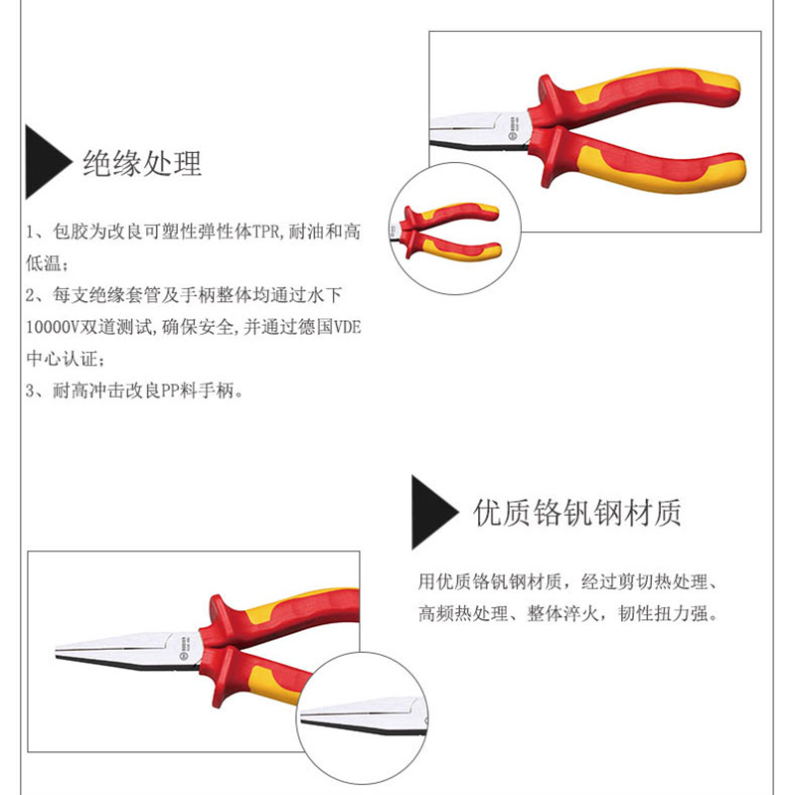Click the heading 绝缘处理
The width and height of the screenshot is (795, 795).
[142, 163]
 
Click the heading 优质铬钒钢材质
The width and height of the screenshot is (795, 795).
[577, 513]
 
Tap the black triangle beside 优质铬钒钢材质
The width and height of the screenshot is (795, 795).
[435, 512]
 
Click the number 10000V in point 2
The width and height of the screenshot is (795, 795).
[53, 327]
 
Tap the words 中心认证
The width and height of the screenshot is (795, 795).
[62, 359]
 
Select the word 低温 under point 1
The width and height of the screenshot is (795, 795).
[44, 263]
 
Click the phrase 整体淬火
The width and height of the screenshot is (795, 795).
[562, 613]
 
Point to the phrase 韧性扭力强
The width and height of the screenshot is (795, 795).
[663, 613]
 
